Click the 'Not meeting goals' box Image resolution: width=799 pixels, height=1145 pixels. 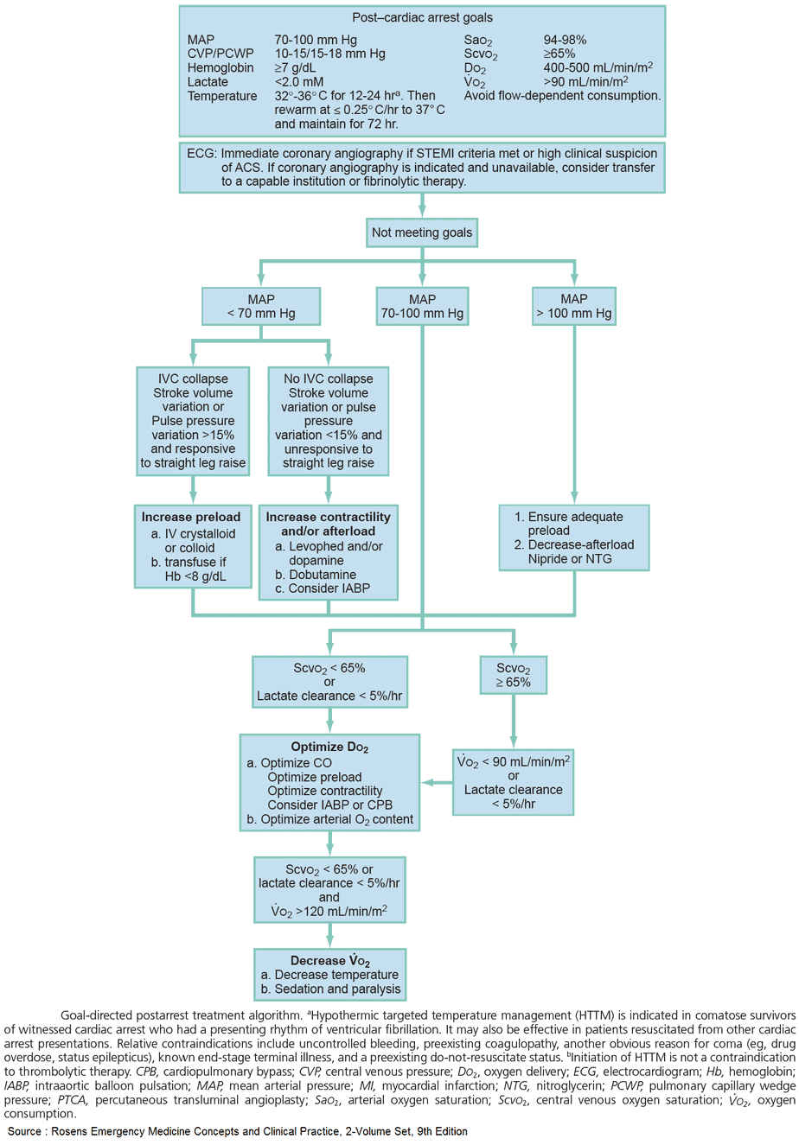click(422, 232)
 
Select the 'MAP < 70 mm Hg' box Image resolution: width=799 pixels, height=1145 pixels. click(261, 307)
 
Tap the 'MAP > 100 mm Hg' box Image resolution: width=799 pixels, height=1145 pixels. click(574, 307)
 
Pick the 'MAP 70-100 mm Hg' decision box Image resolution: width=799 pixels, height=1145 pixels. click(422, 307)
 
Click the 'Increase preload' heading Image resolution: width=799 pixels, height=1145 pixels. click(191, 517)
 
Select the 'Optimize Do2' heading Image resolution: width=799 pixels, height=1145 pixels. click(329, 747)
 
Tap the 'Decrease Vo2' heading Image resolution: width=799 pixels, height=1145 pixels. click(330, 961)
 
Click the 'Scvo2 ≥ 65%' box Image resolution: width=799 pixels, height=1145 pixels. click(514, 674)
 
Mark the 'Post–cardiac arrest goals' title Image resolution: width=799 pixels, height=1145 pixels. click(422, 17)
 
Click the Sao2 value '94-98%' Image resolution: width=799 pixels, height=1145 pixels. click(564, 40)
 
